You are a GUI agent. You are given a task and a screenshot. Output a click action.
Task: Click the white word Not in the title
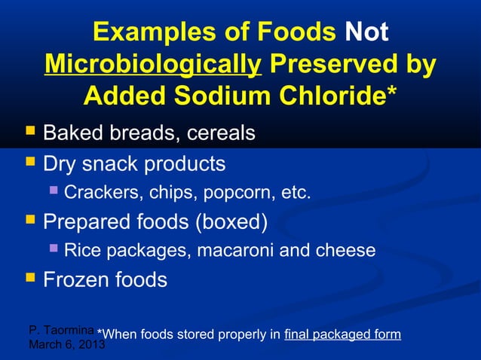point(366,32)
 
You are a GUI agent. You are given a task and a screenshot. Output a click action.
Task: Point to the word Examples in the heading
point(157,32)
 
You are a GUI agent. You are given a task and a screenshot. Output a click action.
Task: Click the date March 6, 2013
point(66,345)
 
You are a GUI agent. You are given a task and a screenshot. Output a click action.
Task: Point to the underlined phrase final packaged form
point(342,334)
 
